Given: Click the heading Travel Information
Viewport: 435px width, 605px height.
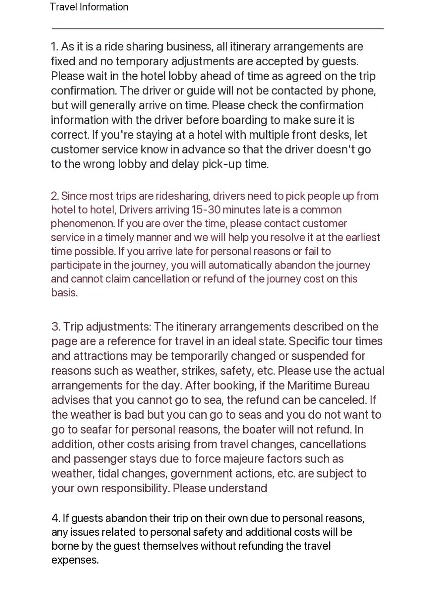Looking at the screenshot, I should pos(89,7).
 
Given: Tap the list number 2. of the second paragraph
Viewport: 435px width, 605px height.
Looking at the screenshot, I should pos(54,196).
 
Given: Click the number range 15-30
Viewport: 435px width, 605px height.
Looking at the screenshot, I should pos(206,210).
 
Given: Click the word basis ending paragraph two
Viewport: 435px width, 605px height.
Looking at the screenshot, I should pos(64,293).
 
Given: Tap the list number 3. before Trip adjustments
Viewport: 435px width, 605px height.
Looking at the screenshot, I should pos(55,327).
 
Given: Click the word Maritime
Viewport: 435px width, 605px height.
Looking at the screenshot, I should pos(309,386).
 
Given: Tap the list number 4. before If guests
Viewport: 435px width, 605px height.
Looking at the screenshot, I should pos(56,518).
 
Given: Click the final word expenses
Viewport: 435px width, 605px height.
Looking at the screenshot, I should pos(75,560).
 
